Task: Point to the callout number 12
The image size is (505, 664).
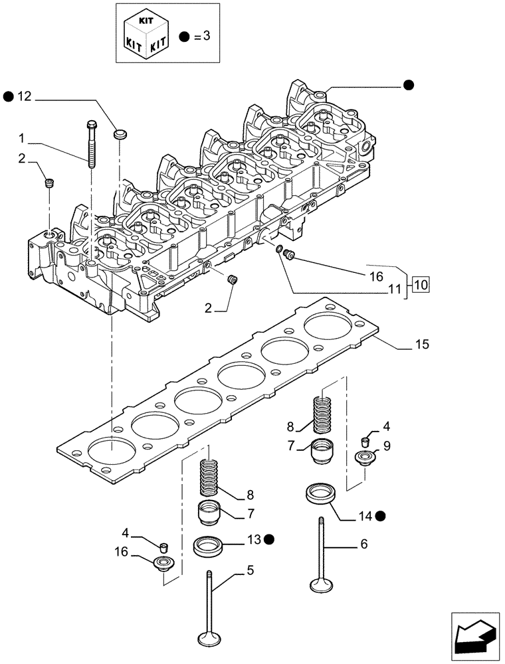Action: (25, 98)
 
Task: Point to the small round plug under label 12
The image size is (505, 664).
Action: (121, 135)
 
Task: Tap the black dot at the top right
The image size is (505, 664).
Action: (409, 84)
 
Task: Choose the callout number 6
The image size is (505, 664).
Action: (363, 543)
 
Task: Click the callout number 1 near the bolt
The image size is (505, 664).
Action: (22, 139)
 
